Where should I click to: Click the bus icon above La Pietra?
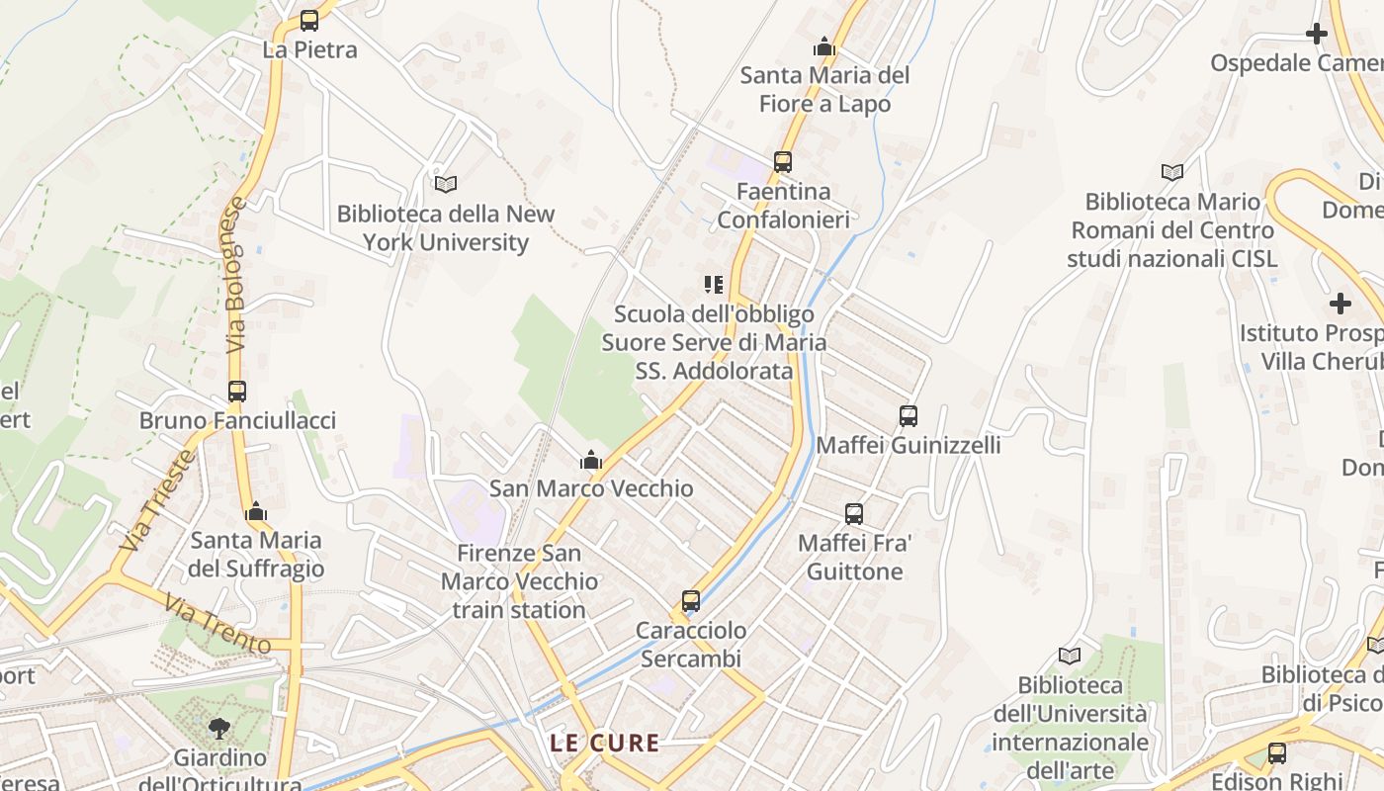click(x=309, y=20)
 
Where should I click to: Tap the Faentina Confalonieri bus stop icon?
click(x=783, y=161)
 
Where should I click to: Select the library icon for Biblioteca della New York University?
click(x=446, y=184)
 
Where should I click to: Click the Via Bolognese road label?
click(x=235, y=275)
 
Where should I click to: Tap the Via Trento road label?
click(x=217, y=624)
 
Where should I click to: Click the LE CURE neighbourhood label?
click(x=605, y=744)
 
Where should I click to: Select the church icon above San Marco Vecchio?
click(x=591, y=460)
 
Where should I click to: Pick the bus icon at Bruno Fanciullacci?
click(x=236, y=392)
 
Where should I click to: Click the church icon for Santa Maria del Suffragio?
click(x=256, y=511)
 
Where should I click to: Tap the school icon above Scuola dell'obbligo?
click(x=714, y=285)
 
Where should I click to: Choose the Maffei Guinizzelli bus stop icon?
click(x=908, y=416)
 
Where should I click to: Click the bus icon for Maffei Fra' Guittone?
click(x=854, y=514)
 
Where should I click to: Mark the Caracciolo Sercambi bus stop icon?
click(x=691, y=600)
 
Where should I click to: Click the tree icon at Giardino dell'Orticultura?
click(x=219, y=729)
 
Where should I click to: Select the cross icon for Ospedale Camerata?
click(x=1317, y=34)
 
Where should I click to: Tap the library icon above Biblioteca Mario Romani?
click(x=1172, y=172)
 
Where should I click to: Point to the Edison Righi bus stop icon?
click(x=1277, y=753)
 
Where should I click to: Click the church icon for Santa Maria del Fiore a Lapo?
click(x=823, y=46)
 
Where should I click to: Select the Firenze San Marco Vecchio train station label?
click(x=519, y=581)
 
